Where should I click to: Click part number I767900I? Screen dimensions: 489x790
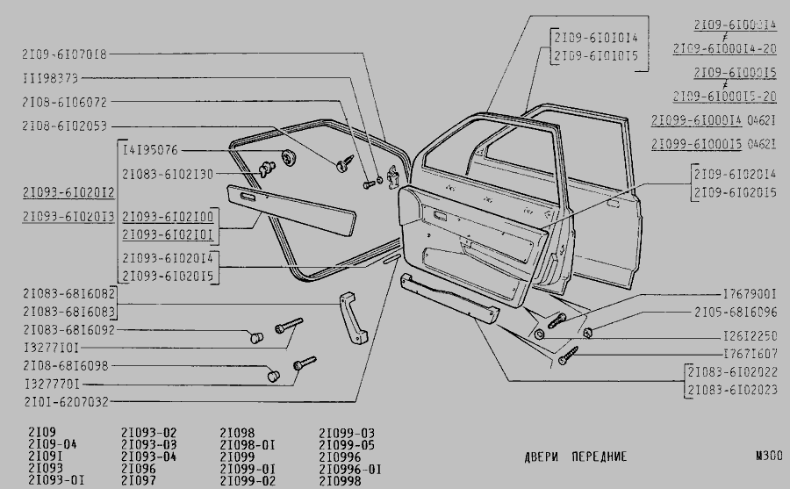[x=750, y=292]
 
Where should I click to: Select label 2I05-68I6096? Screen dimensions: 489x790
[x=736, y=312]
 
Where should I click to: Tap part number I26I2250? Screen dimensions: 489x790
[x=750, y=336]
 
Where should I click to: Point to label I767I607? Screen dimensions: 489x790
[x=750, y=354]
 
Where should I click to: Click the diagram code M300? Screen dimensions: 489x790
[x=767, y=457]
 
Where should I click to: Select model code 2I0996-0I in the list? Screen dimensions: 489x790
[x=349, y=470]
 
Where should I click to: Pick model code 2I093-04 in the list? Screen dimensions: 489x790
[x=148, y=457]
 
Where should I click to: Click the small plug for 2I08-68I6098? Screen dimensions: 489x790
[x=272, y=375]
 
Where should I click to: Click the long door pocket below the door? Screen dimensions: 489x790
[x=450, y=300]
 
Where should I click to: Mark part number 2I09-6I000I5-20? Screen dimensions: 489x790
[x=725, y=96]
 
